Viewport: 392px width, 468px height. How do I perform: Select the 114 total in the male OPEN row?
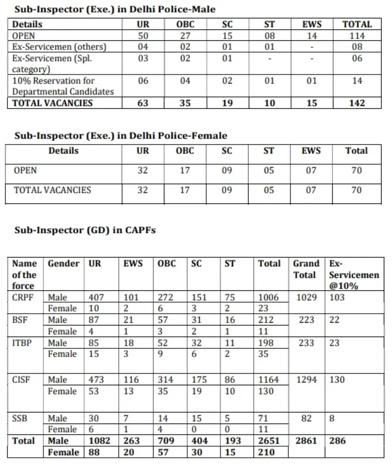point(357,35)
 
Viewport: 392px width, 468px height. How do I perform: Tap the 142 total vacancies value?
point(357,103)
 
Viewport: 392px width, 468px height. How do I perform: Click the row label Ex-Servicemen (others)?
point(59,47)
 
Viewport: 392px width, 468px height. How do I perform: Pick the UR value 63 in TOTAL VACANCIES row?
point(143,103)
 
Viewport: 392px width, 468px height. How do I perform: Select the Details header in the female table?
point(64,151)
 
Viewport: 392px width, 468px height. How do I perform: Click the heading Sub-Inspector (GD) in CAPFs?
point(85,230)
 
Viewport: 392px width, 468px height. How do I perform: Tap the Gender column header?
point(64,264)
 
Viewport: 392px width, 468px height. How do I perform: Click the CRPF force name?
point(24,297)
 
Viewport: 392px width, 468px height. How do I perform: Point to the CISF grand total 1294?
point(306,379)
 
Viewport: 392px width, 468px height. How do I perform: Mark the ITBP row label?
point(23,343)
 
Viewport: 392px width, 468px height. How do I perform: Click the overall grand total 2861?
point(306,441)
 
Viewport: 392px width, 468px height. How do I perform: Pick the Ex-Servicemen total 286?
point(337,441)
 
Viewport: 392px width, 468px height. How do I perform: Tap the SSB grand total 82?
point(306,419)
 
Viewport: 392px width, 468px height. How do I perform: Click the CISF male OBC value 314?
point(167,379)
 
